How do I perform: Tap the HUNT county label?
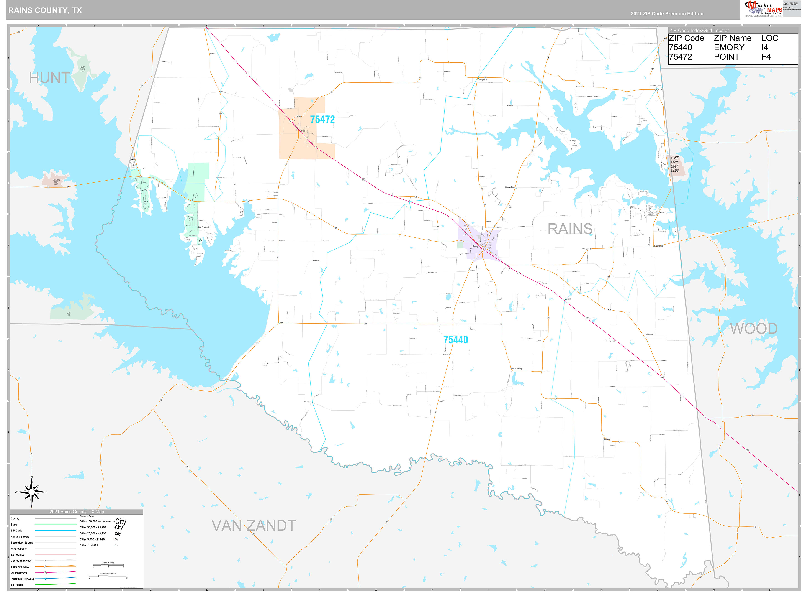click(x=49, y=78)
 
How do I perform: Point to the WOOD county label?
click(x=754, y=329)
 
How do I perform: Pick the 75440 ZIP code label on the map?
click(x=455, y=340)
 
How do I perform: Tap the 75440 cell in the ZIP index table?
click(x=680, y=48)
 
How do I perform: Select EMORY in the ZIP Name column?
click(x=729, y=48)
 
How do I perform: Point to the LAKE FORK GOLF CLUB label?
click(x=675, y=164)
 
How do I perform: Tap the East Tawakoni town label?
click(x=203, y=227)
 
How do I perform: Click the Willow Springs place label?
click(x=517, y=368)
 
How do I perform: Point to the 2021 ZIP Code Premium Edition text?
click(x=667, y=14)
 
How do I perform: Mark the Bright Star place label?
click(x=649, y=334)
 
